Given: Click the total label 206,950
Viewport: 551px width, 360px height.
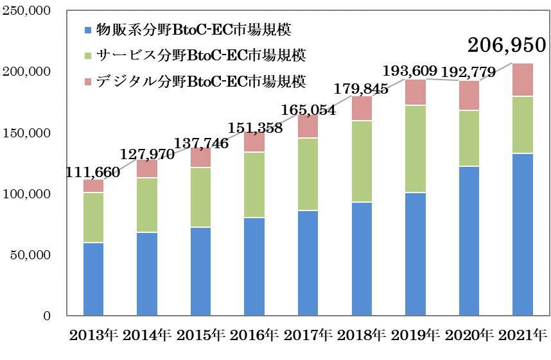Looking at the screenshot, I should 507,45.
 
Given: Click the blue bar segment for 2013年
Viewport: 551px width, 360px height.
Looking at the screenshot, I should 93,279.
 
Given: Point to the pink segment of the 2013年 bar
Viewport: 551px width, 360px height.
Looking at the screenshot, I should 93,186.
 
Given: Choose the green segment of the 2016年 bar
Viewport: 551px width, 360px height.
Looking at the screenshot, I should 254,185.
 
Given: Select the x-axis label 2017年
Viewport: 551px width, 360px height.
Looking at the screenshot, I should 308,335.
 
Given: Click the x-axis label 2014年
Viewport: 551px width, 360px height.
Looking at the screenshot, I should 146,335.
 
